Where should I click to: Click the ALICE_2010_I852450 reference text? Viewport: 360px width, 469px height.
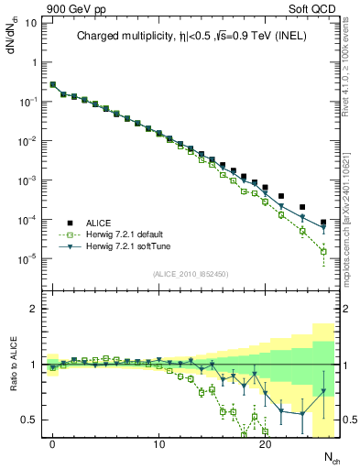click(190, 273)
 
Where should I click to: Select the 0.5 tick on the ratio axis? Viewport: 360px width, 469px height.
click(29, 420)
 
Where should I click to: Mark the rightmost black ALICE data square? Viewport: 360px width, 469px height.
click(323, 223)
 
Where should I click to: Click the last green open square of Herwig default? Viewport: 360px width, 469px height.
click(323, 251)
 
